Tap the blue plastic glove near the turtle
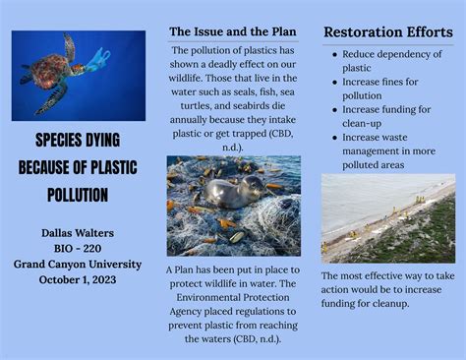tap(97, 61)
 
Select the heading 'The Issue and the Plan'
tap(233, 31)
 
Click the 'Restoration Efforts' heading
tap(387, 32)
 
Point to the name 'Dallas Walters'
tap(78, 233)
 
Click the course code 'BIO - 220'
tap(78, 249)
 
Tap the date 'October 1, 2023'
tap(78, 280)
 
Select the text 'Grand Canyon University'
tap(78, 265)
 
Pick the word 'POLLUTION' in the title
tap(78, 195)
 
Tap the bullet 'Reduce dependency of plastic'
tap(386, 62)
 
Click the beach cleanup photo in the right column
tap(387, 218)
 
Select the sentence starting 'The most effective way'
tap(387, 289)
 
